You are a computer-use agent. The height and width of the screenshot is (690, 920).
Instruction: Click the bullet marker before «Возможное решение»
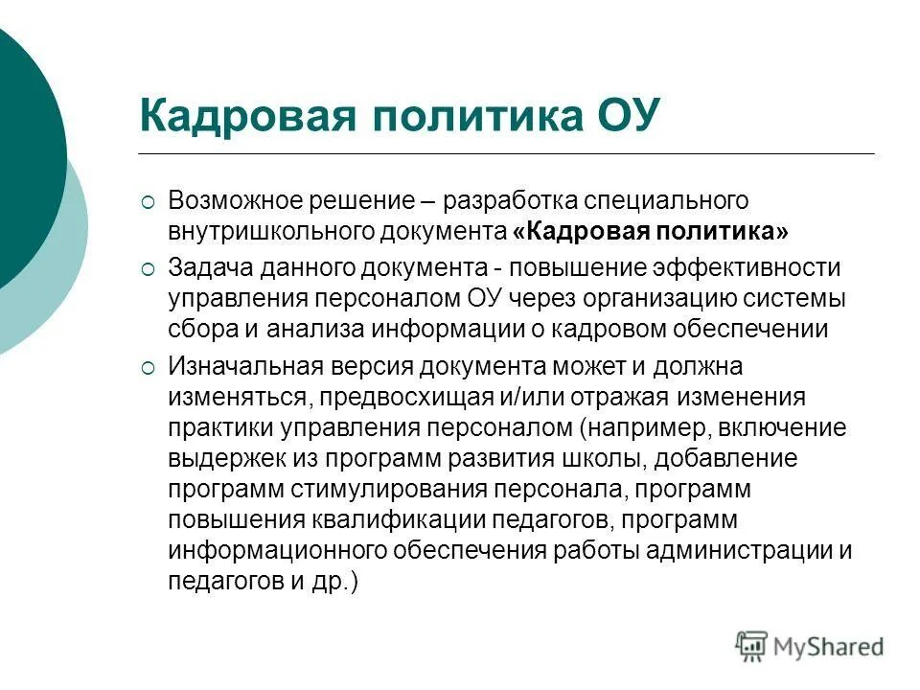click(147, 202)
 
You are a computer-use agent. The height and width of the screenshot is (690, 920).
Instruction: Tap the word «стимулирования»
click(394, 489)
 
